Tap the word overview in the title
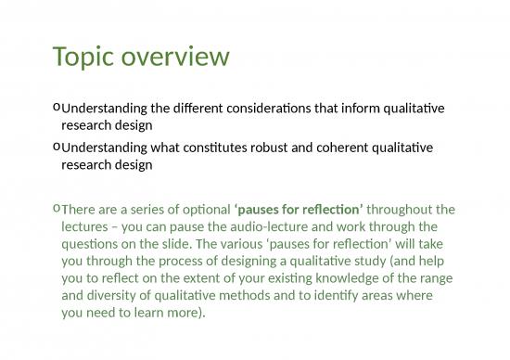tap(173, 58)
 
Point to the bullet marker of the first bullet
tap(57, 109)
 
